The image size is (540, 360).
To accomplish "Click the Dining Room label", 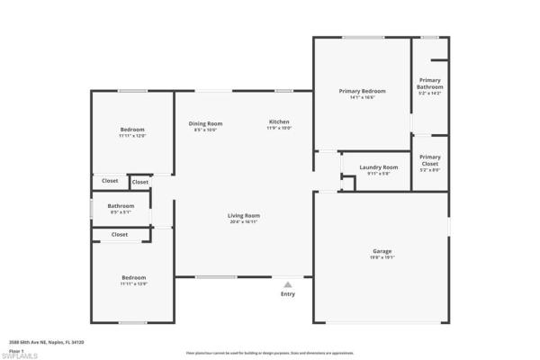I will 205,123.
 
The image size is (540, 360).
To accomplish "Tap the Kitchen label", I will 279,121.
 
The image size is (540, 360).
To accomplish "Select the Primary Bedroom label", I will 362,91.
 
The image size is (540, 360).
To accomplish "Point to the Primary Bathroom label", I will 430,84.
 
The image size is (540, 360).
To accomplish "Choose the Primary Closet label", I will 430,160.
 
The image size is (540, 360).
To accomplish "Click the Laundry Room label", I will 378,167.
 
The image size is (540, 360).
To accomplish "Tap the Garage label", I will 382,251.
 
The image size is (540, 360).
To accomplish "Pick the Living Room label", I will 243,215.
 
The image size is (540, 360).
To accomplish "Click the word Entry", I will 288,294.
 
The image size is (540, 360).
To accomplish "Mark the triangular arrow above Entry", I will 288,284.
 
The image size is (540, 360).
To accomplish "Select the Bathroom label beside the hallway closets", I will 121,206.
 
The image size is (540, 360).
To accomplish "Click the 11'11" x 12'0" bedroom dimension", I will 132,136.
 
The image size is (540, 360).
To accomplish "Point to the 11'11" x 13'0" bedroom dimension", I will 133,284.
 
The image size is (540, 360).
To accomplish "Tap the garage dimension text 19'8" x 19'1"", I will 382,258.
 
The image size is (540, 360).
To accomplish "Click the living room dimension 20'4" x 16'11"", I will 243,222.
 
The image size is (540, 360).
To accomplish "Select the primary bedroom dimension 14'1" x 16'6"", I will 362,98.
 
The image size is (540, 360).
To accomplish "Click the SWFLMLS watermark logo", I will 20,355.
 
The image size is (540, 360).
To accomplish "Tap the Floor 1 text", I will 14,350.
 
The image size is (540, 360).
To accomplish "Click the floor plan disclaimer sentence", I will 270,353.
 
